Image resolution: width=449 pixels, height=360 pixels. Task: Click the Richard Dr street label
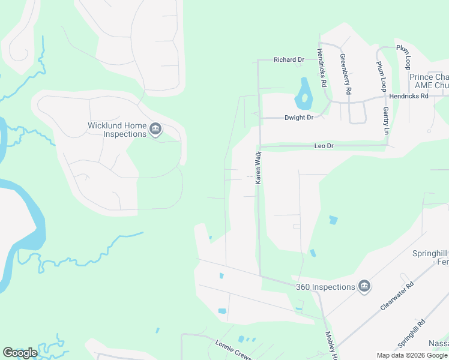point(289,60)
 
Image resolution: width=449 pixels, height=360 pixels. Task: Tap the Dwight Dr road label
point(299,118)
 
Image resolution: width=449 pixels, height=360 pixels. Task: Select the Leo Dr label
point(324,146)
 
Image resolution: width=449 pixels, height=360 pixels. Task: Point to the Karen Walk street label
point(259,167)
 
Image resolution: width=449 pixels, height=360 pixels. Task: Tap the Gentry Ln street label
point(385,121)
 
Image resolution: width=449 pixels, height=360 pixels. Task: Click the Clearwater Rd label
point(397,296)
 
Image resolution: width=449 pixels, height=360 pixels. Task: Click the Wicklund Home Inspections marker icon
point(155,130)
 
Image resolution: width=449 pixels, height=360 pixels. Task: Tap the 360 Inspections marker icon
point(364,287)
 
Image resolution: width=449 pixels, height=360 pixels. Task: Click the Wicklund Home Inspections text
point(117,130)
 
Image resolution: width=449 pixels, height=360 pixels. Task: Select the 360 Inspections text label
point(325,287)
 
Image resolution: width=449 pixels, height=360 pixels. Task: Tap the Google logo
point(20,353)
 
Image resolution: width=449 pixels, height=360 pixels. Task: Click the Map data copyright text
point(412,355)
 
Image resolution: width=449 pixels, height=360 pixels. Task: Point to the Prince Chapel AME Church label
point(429,81)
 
